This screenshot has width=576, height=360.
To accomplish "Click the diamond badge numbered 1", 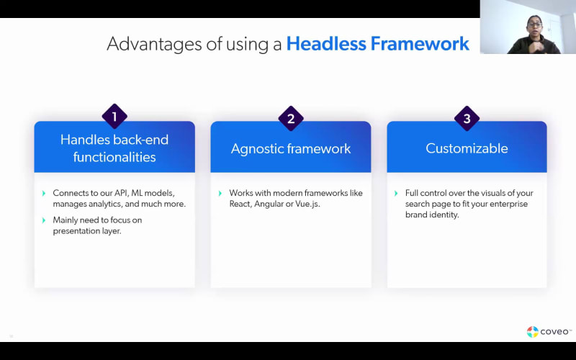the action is [114, 117].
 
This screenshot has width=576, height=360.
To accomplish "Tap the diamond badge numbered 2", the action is [291, 118].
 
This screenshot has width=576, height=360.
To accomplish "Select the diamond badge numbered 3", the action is [467, 118].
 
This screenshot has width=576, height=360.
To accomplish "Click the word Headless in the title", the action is [326, 43].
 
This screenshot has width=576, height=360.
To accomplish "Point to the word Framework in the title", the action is [420, 43].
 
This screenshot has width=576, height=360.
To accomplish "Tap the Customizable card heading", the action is [467, 148].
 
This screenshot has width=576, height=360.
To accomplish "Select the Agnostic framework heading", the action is [291, 148].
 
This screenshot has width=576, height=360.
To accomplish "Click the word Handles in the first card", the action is [85, 140].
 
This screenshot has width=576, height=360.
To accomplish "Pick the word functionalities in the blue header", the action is [114, 157].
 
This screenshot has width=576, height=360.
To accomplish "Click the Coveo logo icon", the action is [532, 332].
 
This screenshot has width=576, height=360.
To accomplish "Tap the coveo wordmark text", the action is [554, 332].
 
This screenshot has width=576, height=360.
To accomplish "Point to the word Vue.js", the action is [307, 204].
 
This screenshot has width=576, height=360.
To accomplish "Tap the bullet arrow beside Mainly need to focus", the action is [44, 220].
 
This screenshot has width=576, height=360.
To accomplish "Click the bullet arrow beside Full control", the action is [396, 193].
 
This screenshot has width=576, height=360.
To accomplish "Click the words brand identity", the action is [432, 215].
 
